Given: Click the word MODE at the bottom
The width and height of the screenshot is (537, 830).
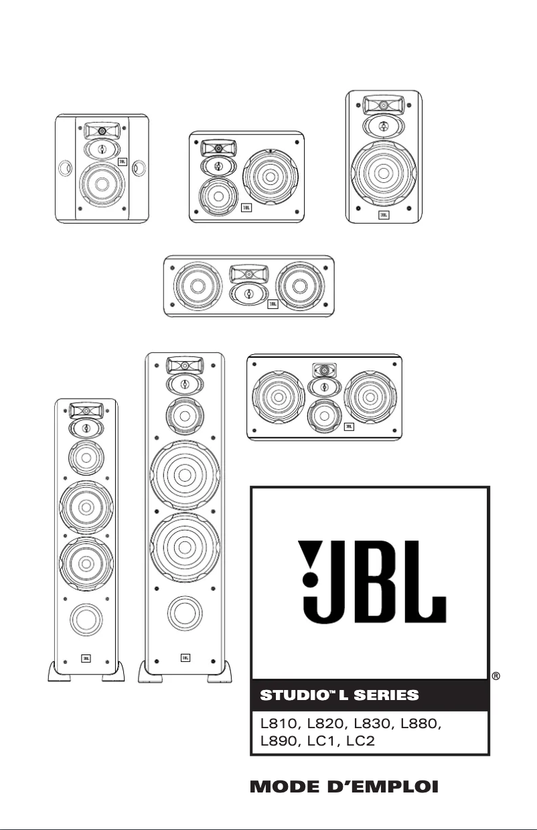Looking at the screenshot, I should coord(285,786).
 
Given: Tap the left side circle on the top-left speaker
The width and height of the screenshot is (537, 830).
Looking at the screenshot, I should coord(64,167).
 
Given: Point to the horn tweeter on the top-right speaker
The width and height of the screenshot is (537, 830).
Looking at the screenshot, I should coord(384,105).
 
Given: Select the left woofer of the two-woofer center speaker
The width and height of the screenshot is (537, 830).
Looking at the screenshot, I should coord(196,285).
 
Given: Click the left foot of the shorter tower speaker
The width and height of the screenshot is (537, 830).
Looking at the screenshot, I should coord(60,671).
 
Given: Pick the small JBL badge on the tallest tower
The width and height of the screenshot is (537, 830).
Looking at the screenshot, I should coord(185,659).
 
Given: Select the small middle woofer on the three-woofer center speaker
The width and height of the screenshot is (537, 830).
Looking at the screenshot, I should coord(324,416).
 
